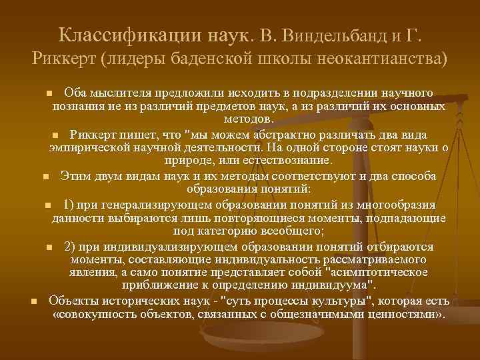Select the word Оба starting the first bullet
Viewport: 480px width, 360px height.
click(73, 93)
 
